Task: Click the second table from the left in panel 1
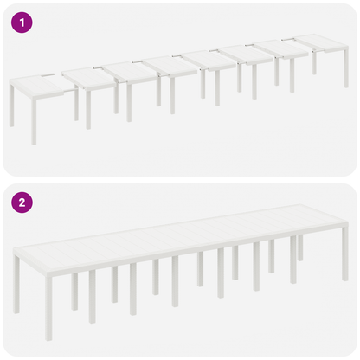(x=88, y=76)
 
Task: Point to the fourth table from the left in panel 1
(x=169, y=65)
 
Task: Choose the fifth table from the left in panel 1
(x=209, y=60)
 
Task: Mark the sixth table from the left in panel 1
(x=246, y=54)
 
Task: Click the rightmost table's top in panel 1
(x=319, y=42)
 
